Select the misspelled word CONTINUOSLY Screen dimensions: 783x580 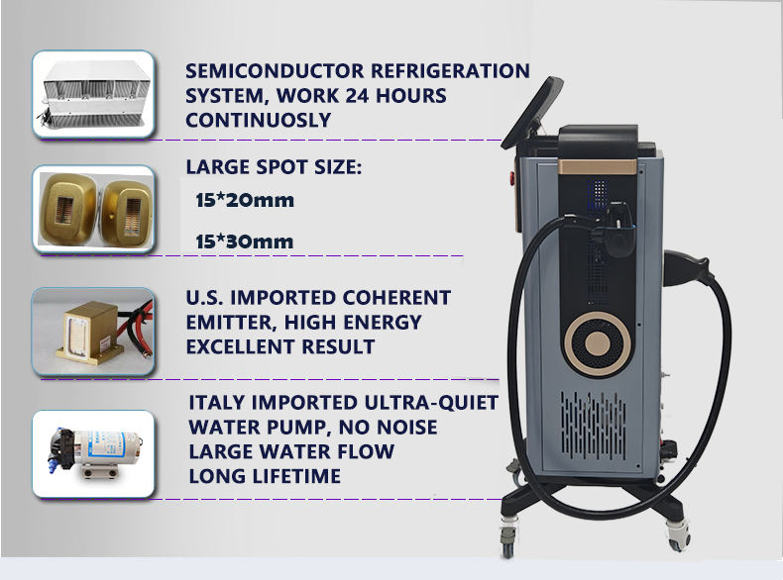(x=258, y=120)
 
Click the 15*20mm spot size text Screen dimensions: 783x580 (x=245, y=201)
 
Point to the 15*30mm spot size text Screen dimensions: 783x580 (x=245, y=242)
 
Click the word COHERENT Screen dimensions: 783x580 (x=396, y=298)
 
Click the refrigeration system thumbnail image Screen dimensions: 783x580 (x=93, y=94)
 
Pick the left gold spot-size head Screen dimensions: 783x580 (x=68, y=210)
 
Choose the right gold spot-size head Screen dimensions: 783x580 (x=126, y=214)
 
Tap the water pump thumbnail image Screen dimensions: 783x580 (x=93, y=454)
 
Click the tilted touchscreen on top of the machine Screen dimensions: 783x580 (x=532, y=113)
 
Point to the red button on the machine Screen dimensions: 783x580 (x=511, y=177)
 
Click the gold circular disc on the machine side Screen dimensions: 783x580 (x=598, y=343)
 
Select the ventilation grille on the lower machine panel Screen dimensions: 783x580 (x=593, y=426)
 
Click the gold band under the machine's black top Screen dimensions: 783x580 (x=598, y=167)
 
